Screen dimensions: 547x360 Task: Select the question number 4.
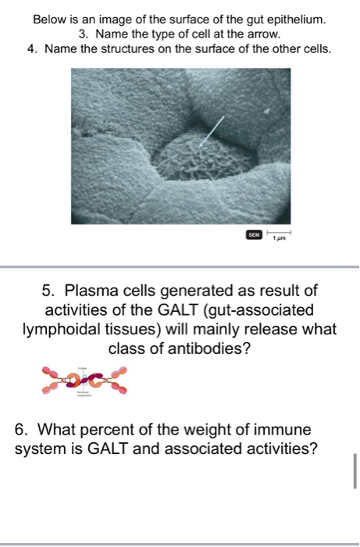[32, 49]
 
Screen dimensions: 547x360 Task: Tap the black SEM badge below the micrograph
[252, 234]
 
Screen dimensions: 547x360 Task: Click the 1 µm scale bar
[280, 234]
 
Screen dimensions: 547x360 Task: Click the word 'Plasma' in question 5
[96, 292]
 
